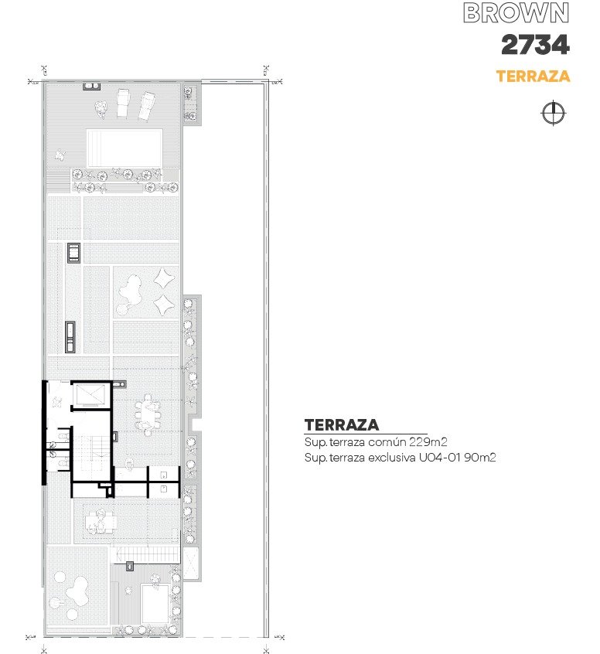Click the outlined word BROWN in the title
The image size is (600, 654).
[x=516, y=13]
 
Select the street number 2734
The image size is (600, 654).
[x=535, y=45]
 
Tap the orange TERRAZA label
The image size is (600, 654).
[x=533, y=76]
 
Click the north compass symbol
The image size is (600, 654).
[x=554, y=113]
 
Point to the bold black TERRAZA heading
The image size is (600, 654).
[x=342, y=425]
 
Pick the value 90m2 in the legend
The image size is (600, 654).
[x=480, y=457]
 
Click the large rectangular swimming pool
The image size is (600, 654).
[x=124, y=148]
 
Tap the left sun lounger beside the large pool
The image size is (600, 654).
[x=123, y=103]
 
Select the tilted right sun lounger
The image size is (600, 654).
[x=147, y=107]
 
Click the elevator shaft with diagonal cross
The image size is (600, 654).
[x=90, y=394]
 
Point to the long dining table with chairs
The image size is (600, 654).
[x=147, y=414]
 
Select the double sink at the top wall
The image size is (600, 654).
[x=92, y=87]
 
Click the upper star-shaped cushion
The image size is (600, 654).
[x=164, y=278]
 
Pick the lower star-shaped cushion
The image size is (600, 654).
[x=164, y=305]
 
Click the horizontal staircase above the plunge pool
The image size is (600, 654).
[x=145, y=556]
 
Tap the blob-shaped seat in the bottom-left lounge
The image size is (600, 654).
[x=77, y=591]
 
